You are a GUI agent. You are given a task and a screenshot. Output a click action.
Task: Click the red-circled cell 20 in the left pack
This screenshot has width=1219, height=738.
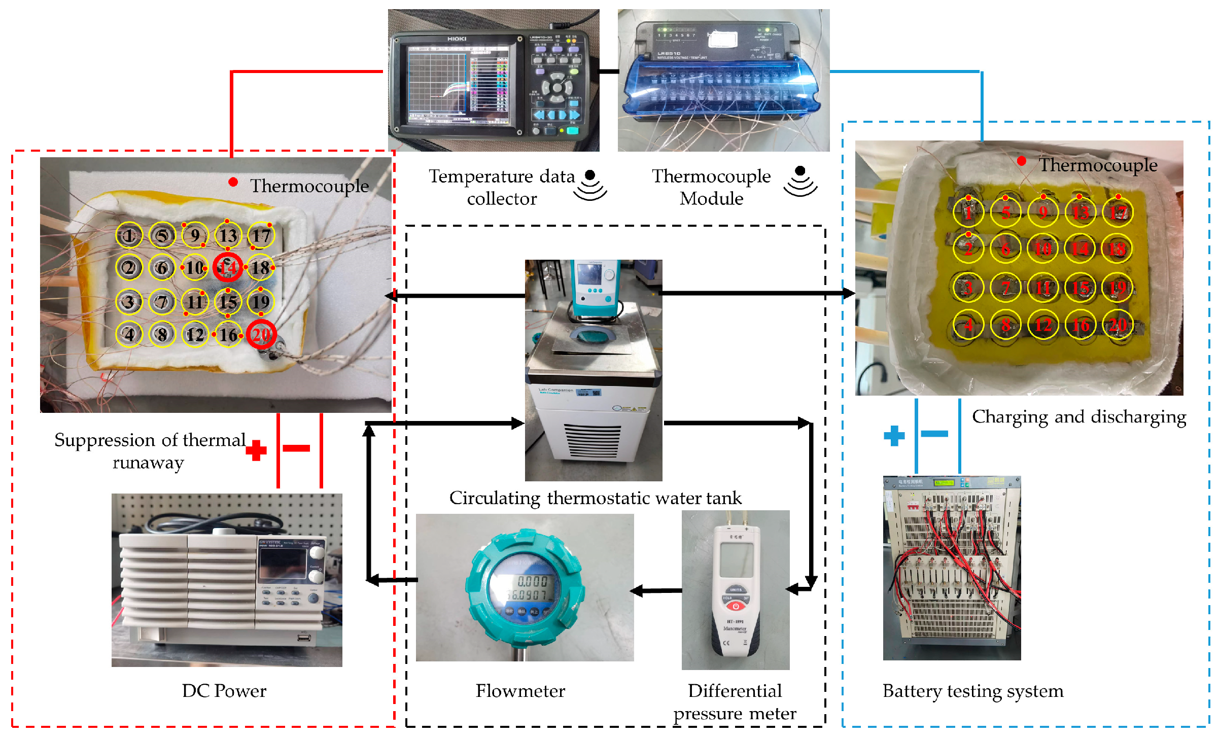(x=261, y=334)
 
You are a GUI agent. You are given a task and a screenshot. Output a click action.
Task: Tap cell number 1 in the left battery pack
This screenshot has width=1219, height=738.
(x=129, y=235)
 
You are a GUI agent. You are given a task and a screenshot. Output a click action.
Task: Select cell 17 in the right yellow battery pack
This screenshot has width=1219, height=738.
(x=1118, y=212)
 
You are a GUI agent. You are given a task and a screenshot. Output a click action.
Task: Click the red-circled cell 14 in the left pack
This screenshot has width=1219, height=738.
(x=227, y=267)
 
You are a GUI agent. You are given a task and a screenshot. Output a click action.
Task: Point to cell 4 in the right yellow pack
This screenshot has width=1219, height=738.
(x=968, y=325)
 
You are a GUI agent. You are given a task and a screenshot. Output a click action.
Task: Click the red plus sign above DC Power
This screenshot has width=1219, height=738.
(x=256, y=450)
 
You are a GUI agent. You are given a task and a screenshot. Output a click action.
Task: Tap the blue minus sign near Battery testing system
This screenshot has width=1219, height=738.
(x=934, y=434)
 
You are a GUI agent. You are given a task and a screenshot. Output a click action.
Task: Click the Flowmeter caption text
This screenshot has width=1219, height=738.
(x=520, y=691)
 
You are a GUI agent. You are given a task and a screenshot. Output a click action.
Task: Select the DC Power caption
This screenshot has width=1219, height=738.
(x=224, y=691)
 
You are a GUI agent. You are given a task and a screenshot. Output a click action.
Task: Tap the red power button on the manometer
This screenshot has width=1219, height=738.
(x=736, y=606)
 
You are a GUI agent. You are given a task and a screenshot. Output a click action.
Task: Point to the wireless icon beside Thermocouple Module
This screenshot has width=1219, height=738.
(x=800, y=182)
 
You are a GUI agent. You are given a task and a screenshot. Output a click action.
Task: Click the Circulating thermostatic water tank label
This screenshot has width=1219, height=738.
(x=595, y=498)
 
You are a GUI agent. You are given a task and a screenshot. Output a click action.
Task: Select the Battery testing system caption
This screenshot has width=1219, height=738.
(x=972, y=691)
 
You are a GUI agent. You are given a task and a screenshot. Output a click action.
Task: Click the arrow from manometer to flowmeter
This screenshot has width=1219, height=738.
(x=657, y=590)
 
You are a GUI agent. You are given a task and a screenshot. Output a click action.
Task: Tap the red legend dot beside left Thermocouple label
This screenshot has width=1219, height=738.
(x=233, y=182)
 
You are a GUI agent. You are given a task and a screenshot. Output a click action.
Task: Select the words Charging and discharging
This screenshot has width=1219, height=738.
(x=1078, y=417)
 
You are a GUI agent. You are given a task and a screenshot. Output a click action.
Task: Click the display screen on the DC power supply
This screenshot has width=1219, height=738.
(x=283, y=564)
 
